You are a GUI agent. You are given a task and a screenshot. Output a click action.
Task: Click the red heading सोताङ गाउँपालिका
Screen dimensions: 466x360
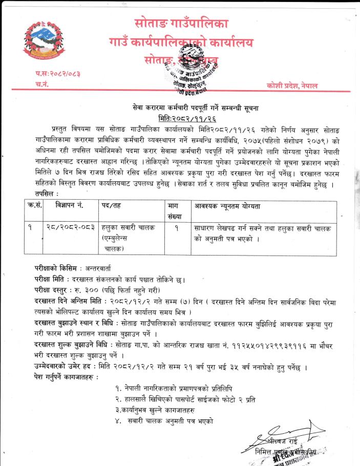tap(181, 23)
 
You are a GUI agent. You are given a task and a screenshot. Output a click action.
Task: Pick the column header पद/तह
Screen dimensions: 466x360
tap(111, 206)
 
